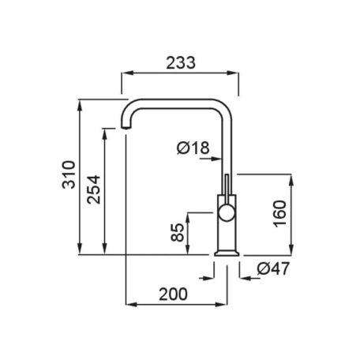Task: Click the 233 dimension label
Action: pos(181,63)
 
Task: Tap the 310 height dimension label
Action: pos(69,174)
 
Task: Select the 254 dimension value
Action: pos(94,189)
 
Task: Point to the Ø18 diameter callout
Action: pos(193,148)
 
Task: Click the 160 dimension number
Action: pos(279,214)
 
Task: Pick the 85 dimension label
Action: pos(177,232)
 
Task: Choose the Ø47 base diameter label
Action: pos(273,268)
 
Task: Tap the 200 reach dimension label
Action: pos(173,294)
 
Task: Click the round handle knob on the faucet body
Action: pos(227,213)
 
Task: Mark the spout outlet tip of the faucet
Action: pos(126,128)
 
